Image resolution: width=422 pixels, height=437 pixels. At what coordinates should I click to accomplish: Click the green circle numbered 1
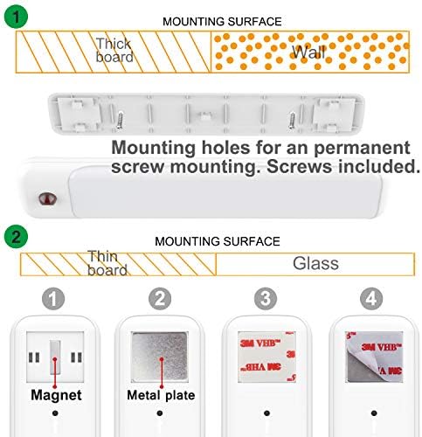click(16, 17)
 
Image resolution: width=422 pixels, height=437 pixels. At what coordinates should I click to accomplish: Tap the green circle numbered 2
click(16, 236)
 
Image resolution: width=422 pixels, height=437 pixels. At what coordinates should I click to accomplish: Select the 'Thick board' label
click(114, 50)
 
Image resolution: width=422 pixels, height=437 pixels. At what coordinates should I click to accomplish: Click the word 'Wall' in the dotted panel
click(308, 52)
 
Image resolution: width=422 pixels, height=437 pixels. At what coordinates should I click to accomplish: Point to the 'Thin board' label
click(107, 263)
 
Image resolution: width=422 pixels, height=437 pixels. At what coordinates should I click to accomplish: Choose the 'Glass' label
click(315, 263)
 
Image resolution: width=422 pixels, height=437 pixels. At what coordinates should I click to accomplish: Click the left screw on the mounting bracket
click(120, 120)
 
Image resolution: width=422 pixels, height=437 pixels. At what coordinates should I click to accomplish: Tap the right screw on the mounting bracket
click(292, 120)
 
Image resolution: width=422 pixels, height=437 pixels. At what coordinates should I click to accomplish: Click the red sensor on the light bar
click(47, 198)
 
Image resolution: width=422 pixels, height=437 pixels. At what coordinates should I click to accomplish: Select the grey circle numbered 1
click(53, 299)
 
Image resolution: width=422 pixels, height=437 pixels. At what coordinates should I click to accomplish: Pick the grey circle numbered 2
click(160, 299)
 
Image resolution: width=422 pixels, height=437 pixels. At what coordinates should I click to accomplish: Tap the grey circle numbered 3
click(266, 299)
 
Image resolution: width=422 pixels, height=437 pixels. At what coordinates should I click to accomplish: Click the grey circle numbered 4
click(371, 299)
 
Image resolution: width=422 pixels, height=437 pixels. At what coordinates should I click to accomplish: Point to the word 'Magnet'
click(56, 395)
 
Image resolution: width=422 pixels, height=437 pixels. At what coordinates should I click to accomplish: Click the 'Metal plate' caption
click(161, 395)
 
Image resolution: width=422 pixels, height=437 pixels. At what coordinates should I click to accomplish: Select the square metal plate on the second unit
click(159, 357)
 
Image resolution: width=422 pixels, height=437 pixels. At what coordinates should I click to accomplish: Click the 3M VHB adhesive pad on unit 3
click(266, 357)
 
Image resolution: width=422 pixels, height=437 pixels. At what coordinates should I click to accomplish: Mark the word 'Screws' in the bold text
click(299, 166)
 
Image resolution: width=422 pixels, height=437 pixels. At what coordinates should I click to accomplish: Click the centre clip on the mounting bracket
click(206, 116)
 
